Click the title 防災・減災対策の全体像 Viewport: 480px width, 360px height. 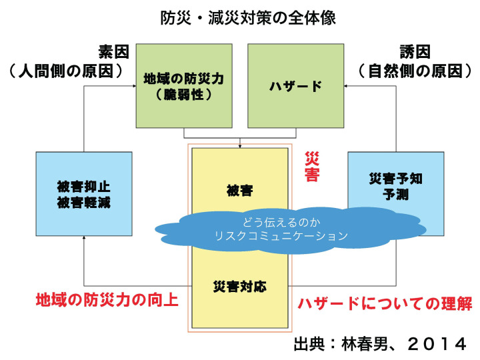click(x=248, y=18)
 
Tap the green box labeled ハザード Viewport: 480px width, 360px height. click(x=296, y=86)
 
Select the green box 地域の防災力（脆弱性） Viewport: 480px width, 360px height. click(x=184, y=86)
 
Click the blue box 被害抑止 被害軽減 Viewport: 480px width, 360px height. click(x=84, y=194)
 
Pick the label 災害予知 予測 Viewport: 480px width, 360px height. click(x=396, y=186)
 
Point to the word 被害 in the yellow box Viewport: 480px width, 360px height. click(x=240, y=191)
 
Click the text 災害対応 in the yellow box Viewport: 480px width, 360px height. click(x=240, y=287)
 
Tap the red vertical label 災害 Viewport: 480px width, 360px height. click(x=312, y=166)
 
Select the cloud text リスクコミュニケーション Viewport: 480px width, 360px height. click(x=281, y=236)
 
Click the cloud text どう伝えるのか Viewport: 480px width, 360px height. click(x=281, y=222)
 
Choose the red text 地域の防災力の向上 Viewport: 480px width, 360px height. click(x=107, y=299)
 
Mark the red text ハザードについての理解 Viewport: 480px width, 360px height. click(x=385, y=303)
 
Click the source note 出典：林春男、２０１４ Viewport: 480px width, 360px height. click(x=380, y=344)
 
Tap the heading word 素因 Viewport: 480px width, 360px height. click(x=113, y=51)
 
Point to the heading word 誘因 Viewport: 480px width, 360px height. click(x=415, y=51)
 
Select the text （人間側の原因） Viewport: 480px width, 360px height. click(x=66, y=71)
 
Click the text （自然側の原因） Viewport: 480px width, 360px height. click(x=415, y=71)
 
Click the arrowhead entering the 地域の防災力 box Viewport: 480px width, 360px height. click(x=135, y=86)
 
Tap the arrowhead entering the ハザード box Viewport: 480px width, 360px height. click(x=345, y=86)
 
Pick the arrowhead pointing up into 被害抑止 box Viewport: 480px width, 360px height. click(x=84, y=237)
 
